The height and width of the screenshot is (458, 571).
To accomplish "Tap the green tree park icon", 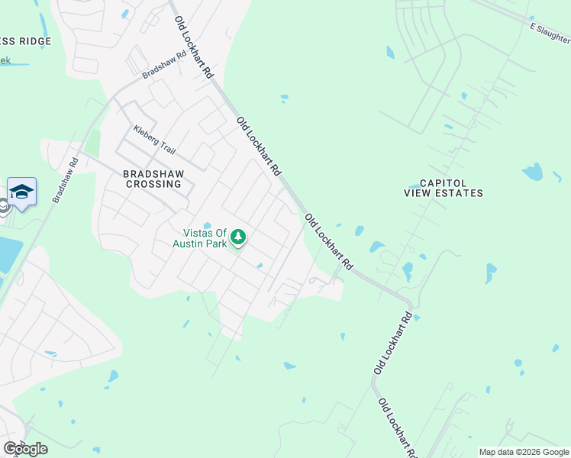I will tap(239, 238).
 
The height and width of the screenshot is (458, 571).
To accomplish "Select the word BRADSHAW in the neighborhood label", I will tap(153, 173).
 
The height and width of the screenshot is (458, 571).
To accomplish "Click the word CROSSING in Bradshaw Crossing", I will tap(153, 184).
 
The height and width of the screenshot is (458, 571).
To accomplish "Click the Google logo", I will tap(25, 449).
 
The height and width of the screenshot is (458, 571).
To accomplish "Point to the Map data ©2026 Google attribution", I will tap(524, 452).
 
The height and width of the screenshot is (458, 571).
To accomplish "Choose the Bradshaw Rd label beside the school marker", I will tap(66, 179).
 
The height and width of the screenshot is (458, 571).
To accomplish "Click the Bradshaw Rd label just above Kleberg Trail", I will tap(164, 66).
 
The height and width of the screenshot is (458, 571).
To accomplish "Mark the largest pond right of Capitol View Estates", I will tap(532, 171).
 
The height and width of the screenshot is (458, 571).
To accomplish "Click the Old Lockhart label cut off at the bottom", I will tap(398, 427).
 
